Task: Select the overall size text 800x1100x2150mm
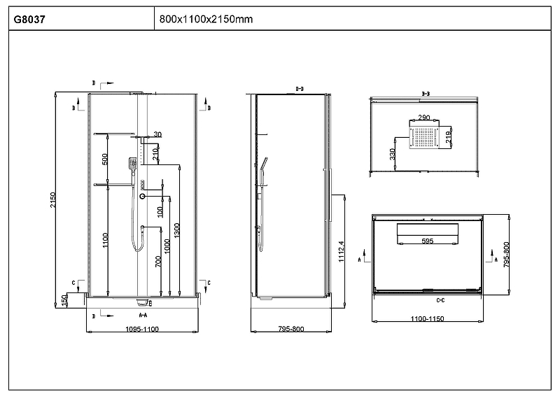click(x=206, y=19)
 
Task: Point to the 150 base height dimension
click(x=64, y=299)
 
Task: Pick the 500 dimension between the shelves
click(x=105, y=159)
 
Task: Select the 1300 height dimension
click(x=177, y=229)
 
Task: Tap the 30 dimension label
click(x=157, y=134)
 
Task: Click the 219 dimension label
click(x=449, y=132)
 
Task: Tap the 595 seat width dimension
click(x=427, y=241)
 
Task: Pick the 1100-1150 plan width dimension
click(x=427, y=318)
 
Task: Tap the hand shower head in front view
click(x=132, y=164)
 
